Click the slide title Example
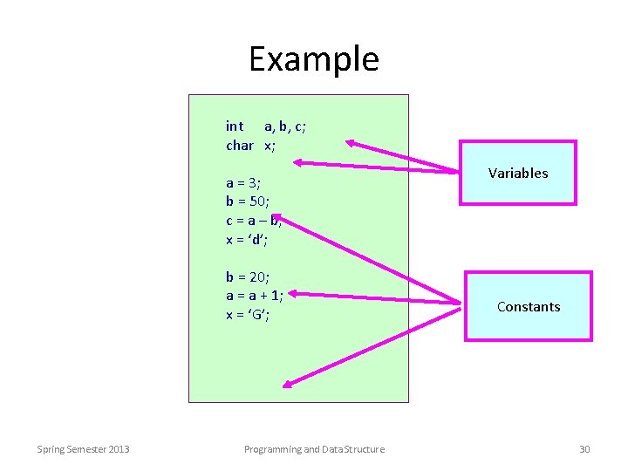point(314,59)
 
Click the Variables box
point(518,173)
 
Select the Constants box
point(529,306)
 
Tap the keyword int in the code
point(235,126)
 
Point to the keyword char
point(239,145)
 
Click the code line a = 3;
point(243,183)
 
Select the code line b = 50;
point(247,201)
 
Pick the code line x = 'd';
point(247,239)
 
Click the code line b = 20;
point(248,277)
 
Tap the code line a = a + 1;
point(255,296)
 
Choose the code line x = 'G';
point(248,315)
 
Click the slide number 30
point(584,449)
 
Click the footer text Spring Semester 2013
point(83,449)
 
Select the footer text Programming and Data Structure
point(314,449)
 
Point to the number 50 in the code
point(256,201)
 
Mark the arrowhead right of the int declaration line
point(352,142)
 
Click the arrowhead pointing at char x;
point(298,161)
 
